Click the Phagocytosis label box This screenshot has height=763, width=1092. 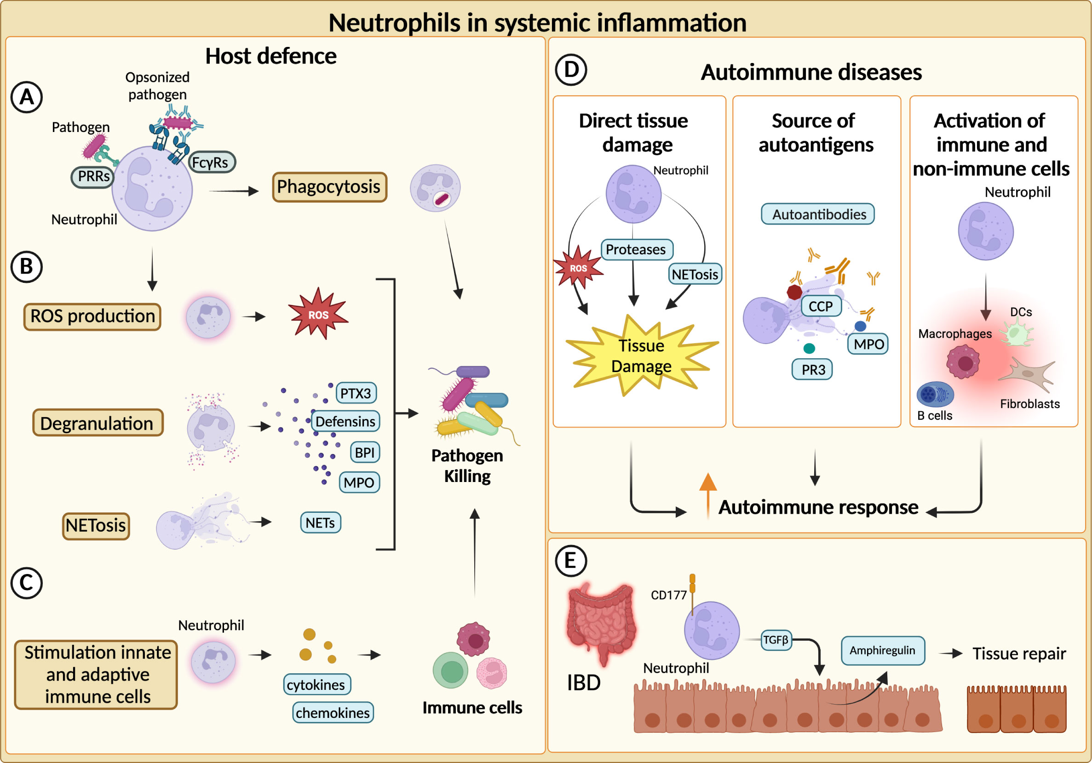click(x=329, y=187)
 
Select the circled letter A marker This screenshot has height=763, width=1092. click(x=27, y=97)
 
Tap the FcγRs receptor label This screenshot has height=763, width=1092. click(x=211, y=162)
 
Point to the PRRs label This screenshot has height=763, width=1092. click(x=93, y=177)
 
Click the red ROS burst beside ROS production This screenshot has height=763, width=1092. click(x=318, y=314)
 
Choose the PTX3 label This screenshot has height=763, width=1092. click(x=356, y=393)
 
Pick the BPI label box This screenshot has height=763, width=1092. click(x=365, y=452)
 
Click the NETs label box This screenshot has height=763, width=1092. click(x=320, y=523)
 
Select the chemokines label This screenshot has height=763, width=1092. click(x=333, y=712)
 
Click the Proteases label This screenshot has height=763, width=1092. click(x=636, y=249)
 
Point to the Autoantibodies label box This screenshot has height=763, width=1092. click(x=818, y=214)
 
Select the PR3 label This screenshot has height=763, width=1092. click(x=812, y=370)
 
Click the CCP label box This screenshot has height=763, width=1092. click(x=821, y=306)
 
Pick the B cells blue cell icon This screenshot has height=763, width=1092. click(x=934, y=394)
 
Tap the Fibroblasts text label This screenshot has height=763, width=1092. click(x=1030, y=404)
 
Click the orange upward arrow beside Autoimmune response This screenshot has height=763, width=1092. click(x=708, y=495)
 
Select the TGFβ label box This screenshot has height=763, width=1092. click(x=776, y=640)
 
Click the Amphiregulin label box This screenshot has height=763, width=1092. click(x=882, y=650)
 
